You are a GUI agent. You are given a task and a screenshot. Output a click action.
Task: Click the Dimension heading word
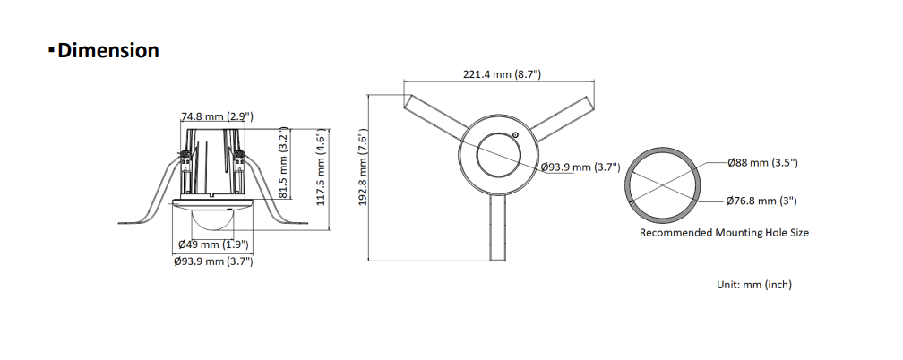tap(108, 51)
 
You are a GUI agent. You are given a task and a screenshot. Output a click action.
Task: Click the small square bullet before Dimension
tap(51, 51)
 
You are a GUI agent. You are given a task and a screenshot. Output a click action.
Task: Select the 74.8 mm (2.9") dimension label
tap(217, 116)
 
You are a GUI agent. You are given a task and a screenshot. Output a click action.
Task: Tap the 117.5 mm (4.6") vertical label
tap(321, 167)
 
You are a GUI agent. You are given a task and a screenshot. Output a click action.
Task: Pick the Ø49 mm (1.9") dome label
tap(213, 244)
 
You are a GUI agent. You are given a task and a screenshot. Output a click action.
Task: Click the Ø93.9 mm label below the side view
tap(213, 261)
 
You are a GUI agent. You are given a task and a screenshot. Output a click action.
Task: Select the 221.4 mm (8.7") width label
tap(501, 74)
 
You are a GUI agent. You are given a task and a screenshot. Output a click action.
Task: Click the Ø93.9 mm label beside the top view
tap(580, 167)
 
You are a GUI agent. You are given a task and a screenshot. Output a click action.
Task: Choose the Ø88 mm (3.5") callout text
tap(761, 162)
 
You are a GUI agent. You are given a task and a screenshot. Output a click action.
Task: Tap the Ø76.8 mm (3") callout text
tap(761, 201)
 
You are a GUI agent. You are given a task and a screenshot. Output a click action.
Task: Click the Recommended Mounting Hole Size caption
tap(724, 232)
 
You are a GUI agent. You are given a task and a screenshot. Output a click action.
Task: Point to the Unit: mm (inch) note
tap(753, 284)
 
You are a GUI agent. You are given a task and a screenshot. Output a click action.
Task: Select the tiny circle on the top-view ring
tap(515, 135)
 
